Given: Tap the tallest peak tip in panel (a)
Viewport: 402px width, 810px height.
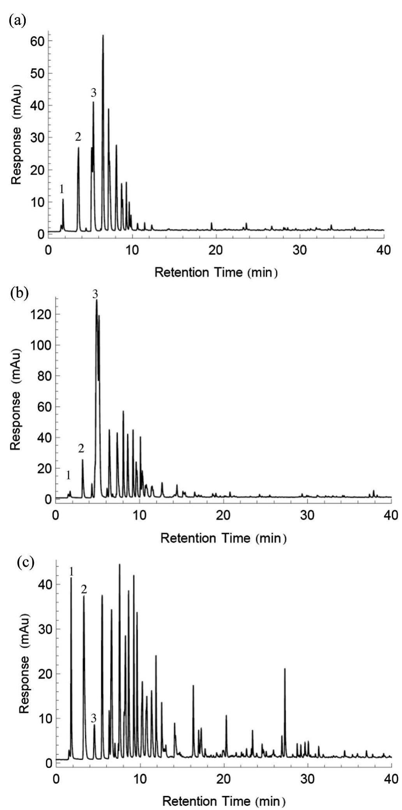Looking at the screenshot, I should click(x=103, y=35).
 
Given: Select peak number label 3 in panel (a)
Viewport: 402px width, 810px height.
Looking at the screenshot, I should click(x=93, y=93).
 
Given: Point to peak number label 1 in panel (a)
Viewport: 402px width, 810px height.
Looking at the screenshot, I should click(x=62, y=190).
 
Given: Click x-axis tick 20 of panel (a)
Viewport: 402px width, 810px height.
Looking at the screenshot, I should click(x=216, y=250).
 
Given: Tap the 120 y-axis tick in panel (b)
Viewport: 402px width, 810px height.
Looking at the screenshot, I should click(x=42, y=314).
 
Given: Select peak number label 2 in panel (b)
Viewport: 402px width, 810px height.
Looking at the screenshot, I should click(x=81, y=448).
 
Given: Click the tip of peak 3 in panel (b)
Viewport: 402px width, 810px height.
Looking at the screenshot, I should click(x=97, y=300).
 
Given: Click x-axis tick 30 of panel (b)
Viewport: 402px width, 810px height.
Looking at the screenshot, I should click(x=307, y=515).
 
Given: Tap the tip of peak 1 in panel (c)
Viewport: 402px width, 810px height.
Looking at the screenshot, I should click(x=71, y=578).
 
